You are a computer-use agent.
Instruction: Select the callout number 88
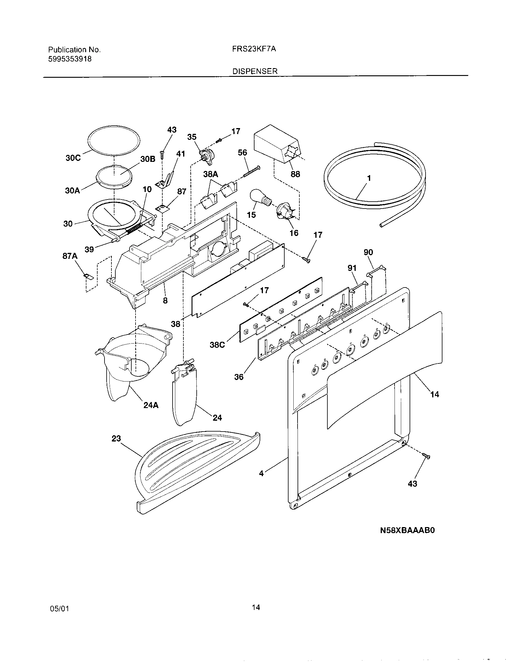coord(295,174)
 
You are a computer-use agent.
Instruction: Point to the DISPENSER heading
coord(255,71)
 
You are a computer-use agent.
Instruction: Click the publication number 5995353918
coord(70,59)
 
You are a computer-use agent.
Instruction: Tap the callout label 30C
coord(73,158)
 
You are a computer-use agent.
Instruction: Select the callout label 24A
coord(151,405)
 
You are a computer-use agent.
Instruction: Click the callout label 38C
coord(217,345)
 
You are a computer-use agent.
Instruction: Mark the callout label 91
coord(352,268)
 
